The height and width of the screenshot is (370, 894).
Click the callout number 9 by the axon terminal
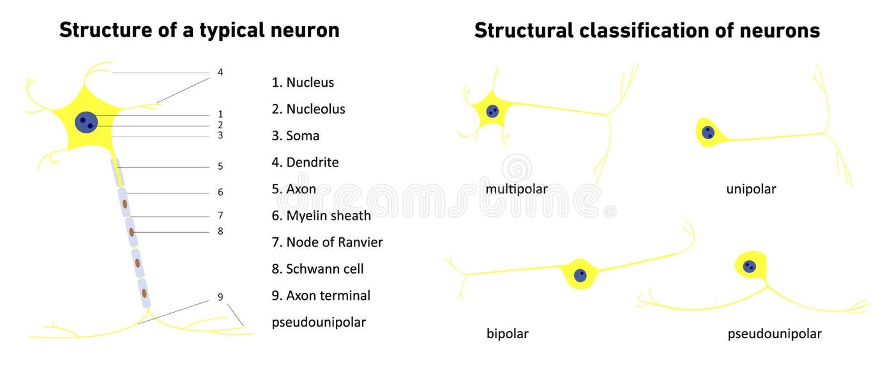click(220, 297)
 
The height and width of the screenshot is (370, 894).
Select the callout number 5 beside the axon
click(220, 166)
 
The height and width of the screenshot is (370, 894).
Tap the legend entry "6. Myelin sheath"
click(321, 216)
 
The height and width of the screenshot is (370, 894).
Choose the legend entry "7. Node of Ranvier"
click(327, 242)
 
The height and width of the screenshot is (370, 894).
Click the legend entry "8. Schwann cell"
click(317, 269)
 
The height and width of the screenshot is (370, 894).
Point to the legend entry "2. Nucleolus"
click(308, 109)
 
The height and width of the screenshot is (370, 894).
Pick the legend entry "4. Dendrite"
click(305, 163)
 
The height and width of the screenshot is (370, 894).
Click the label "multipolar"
click(516, 189)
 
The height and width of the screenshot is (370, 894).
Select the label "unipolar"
click(751, 189)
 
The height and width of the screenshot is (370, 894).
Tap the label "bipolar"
click(507, 334)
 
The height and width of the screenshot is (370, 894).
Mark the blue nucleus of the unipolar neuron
click(708, 133)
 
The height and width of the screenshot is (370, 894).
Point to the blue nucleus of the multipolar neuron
click(492, 112)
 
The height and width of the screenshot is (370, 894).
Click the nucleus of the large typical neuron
click(86, 121)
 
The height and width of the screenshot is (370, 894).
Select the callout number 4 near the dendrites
click(220, 73)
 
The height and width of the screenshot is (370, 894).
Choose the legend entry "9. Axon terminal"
click(321, 296)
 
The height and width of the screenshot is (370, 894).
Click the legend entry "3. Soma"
click(295, 136)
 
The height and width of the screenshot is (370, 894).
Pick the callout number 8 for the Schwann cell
click(220, 231)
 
